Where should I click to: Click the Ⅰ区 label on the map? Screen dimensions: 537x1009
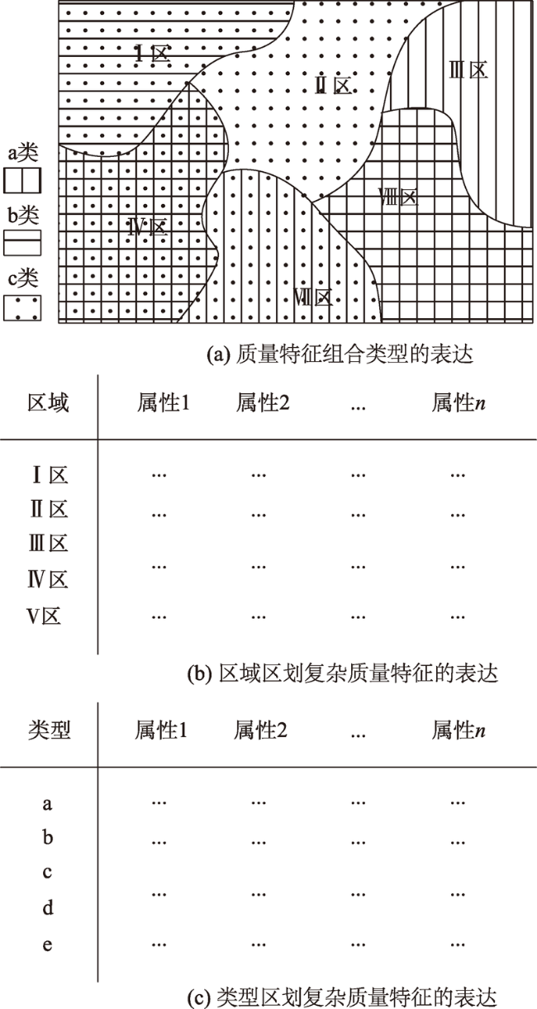[x=153, y=54]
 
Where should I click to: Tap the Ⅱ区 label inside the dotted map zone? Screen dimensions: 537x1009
[x=334, y=85]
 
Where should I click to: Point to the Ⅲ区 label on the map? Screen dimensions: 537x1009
[x=468, y=70]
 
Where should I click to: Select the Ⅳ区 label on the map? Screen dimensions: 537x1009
[x=148, y=226]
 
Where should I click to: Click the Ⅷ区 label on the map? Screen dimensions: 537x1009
[x=398, y=198]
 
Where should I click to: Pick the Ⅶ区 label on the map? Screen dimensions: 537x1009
[x=312, y=297]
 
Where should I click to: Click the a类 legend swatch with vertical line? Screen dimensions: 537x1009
[x=22, y=180]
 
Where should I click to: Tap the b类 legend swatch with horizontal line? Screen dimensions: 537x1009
[x=22, y=243]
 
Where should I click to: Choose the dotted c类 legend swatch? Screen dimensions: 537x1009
[x=22, y=307]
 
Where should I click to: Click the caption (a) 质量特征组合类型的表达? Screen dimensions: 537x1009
[x=340, y=355]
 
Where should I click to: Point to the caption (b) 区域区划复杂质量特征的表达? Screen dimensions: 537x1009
[x=342, y=673]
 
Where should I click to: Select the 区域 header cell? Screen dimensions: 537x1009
[x=48, y=402]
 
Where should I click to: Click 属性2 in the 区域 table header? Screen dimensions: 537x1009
[x=263, y=402]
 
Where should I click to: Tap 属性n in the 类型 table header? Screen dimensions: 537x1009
[x=459, y=731]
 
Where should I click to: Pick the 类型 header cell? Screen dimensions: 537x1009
[x=49, y=731]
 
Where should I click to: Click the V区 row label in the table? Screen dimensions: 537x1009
[x=44, y=616]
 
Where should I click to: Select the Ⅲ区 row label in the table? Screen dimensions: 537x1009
[x=49, y=544]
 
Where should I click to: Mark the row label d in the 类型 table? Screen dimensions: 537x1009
[x=48, y=907]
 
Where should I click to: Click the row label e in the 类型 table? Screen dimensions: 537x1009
[x=47, y=945]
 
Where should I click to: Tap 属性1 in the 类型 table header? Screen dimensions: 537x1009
[x=161, y=731]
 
